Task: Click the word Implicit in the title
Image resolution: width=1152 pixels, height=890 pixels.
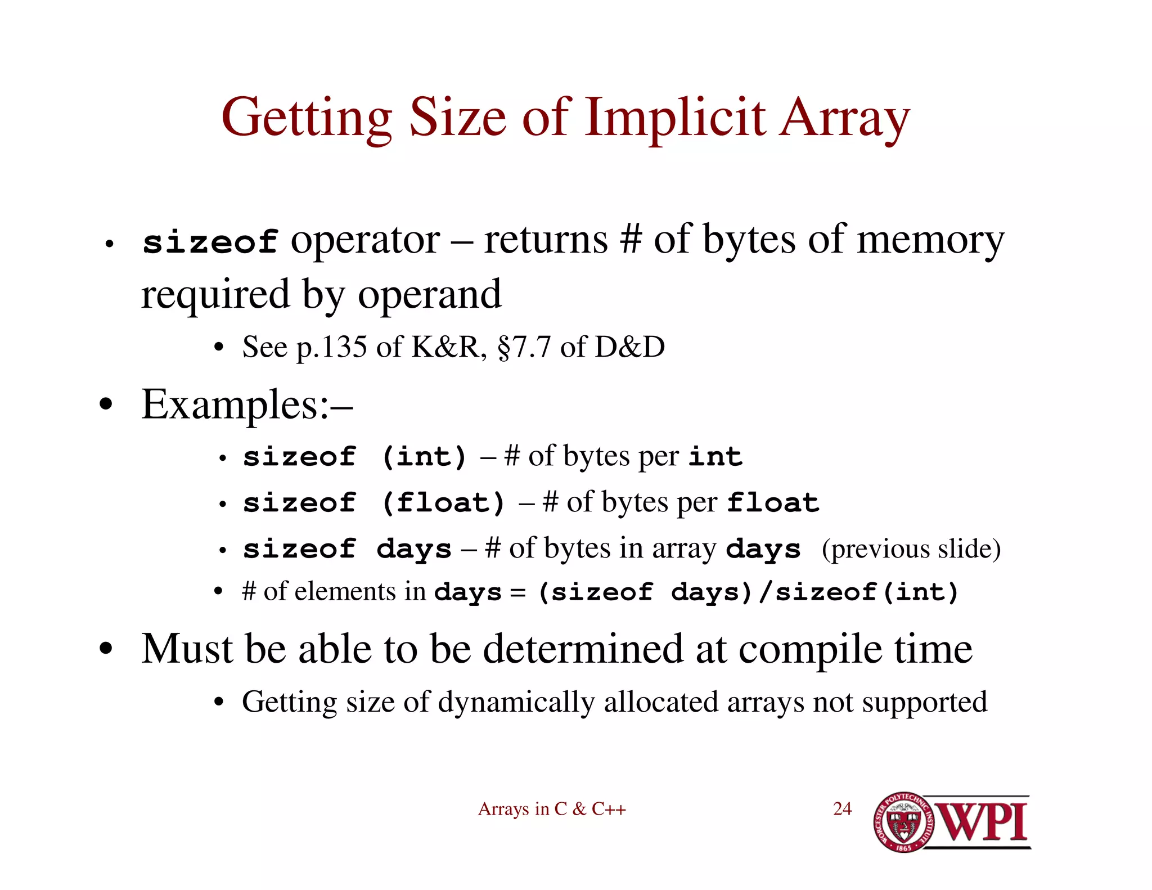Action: tap(675, 118)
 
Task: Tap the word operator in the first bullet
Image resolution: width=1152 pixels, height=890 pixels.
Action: tap(365, 241)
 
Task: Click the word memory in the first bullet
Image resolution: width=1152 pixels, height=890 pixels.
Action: tap(930, 241)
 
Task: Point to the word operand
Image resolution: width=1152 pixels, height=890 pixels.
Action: tap(429, 294)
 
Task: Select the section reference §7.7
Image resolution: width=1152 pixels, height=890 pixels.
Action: tap(524, 347)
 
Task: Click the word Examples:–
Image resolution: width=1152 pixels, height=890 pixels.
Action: tap(247, 404)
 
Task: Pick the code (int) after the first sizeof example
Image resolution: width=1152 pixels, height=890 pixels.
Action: tap(424, 456)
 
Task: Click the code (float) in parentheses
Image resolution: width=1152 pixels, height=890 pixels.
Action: tap(443, 502)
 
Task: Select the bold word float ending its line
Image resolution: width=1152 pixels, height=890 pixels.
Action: tap(773, 502)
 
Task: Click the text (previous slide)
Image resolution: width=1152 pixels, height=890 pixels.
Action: tap(911, 549)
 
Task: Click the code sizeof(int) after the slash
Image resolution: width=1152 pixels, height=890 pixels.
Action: tap(867, 592)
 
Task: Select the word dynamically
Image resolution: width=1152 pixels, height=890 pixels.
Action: tap(516, 702)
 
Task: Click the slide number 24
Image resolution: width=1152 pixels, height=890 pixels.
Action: tap(842, 809)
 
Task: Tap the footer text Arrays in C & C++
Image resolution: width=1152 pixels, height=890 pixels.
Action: tap(552, 809)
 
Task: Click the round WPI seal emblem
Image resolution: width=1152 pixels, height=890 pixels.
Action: tap(903, 822)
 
